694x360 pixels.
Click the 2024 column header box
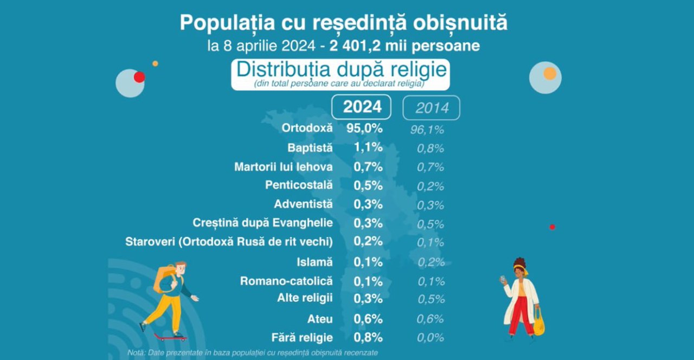[x=362, y=107]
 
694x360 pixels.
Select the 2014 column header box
[x=431, y=107]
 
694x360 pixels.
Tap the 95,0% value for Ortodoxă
[x=364, y=128]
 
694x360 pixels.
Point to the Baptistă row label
[x=310, y=147]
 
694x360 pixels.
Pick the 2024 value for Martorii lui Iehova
[x=368, y=167]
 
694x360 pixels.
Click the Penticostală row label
[x=299, y=185]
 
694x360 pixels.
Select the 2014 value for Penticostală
[x=430, y=187]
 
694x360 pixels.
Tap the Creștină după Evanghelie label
[x=263, y=223]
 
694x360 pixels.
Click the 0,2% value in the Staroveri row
[x=368, y=241]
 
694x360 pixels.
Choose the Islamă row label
[x=314, y=262]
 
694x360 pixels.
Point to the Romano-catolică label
[x=286, y=281]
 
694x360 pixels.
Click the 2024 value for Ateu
[x=368, y=319]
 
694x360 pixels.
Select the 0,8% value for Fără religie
[x=368, y=337]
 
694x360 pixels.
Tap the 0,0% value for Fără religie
[x=430, y=338]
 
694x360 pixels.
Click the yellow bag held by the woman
[x=538, y=324]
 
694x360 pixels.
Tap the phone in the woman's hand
[x=503, y=279]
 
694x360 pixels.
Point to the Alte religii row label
[x=305, y=298]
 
